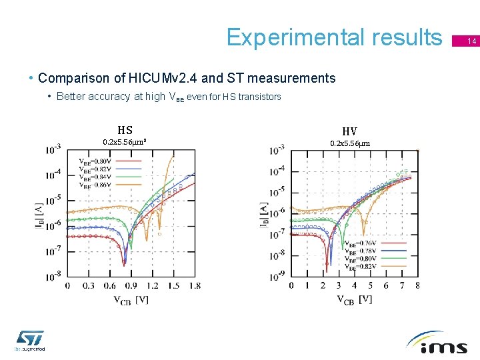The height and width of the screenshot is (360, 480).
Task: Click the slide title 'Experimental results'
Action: pyautogui.click(x=334, y=37)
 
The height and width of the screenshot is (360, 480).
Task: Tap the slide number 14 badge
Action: pyautogui.click(x=471, y=41)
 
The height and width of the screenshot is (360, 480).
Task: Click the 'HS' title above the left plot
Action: pyautogui.click(x=125, y=131)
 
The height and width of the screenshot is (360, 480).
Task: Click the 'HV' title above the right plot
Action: pyautogui.click(x=349, y=131)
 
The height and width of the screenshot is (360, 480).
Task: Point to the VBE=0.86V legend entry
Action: pyautogui.click(x=95, y=185)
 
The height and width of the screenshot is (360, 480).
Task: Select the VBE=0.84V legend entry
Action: pyautogui.click(x=95, y=177)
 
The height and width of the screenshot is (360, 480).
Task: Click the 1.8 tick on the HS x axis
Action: pyautogui.click(x=194, y=286)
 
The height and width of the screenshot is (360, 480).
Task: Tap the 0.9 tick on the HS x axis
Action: pyautogui.click(x=130, y=286)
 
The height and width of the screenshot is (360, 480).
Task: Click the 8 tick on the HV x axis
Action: pyautogui.click(x=417, y=286)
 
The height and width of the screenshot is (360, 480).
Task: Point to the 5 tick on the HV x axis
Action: pyautogui.click(x=370, y=286)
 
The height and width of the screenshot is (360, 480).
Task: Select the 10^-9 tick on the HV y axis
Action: pyautogui.click(x=277, y=275)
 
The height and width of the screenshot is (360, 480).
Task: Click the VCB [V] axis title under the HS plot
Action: pyautogui.click(x=131, y=300)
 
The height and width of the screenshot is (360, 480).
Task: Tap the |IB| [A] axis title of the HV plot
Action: pyautogui.click(x=264, y=214)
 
